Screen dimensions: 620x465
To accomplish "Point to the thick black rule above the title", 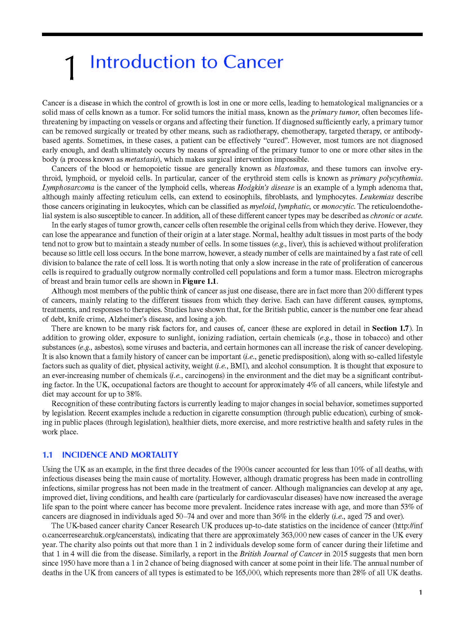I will pos(232,34).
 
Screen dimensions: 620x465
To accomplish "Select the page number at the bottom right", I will pos(420,592).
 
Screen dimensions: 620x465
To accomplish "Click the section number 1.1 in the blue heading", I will pos(48,455).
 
